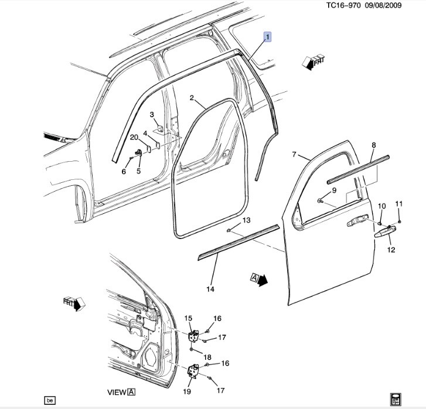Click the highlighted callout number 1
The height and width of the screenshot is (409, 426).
[268, 38]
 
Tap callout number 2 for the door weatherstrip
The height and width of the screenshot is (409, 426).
[192, 98]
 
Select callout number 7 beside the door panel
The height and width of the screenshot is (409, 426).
[295, 155]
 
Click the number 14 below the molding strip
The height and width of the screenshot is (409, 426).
[210, 289]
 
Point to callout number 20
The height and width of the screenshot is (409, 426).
[134, 137]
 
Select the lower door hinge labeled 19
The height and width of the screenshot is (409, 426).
[192, 370]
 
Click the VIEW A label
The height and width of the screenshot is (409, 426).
[122, 392]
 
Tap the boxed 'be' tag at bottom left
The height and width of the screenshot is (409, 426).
[50, 400]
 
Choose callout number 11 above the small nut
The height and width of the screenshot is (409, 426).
[399, 203]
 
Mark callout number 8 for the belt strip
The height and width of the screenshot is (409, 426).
[373, 145]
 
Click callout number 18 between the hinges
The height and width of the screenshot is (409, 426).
[207, 357]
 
